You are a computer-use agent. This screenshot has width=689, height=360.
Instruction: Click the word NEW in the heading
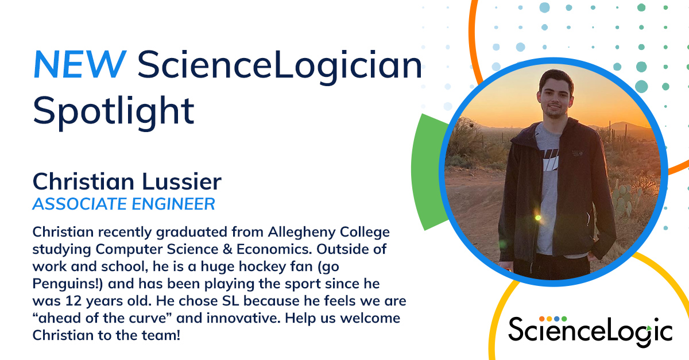(x=80, y=65)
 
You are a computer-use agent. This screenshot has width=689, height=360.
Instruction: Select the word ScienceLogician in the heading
(x=280, y=66)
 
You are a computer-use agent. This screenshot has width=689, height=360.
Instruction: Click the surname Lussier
(x=181, y=181)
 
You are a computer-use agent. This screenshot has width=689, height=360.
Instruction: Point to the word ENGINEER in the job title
(x=173, y=204)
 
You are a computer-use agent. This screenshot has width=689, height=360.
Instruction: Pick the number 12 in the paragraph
(x=73, y=301)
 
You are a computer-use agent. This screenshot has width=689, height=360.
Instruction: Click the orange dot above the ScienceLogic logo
(x=542, y=319)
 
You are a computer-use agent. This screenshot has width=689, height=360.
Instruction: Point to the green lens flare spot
(x=537, y=218)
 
